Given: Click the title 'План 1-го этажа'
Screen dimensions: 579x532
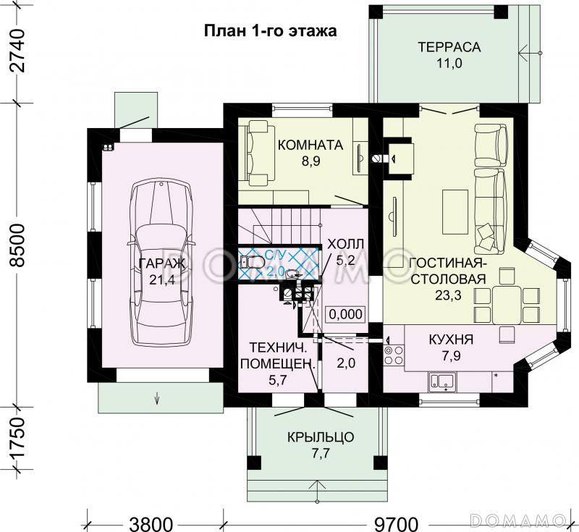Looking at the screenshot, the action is (270, 31).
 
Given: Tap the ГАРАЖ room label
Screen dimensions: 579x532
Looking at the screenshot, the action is (161, 263).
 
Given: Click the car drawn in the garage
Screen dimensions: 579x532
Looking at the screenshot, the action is (161, 264).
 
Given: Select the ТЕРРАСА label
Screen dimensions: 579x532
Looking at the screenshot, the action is (449, 47).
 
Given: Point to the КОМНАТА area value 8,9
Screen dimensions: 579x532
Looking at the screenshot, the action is (310, 161).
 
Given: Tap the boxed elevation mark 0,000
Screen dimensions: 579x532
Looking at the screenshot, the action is (345, 314).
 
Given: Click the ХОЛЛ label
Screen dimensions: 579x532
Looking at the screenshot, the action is (346, 245).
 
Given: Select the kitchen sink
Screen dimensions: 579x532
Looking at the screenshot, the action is (442, 381).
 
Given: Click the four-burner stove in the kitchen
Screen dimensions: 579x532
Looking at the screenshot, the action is (394, 355).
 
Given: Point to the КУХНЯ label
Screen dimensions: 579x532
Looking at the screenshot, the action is (451, 339).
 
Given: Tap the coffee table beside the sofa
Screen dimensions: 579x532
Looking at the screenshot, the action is (455, 212).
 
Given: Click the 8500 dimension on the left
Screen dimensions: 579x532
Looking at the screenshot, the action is (17, 245).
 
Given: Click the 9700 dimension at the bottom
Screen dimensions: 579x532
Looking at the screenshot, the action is (397, 524).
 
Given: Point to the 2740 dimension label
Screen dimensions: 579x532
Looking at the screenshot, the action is (17, 51).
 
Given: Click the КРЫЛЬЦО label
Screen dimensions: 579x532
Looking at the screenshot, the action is (321, 437).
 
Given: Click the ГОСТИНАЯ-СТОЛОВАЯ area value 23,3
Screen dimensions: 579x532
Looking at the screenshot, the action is (448, 295).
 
